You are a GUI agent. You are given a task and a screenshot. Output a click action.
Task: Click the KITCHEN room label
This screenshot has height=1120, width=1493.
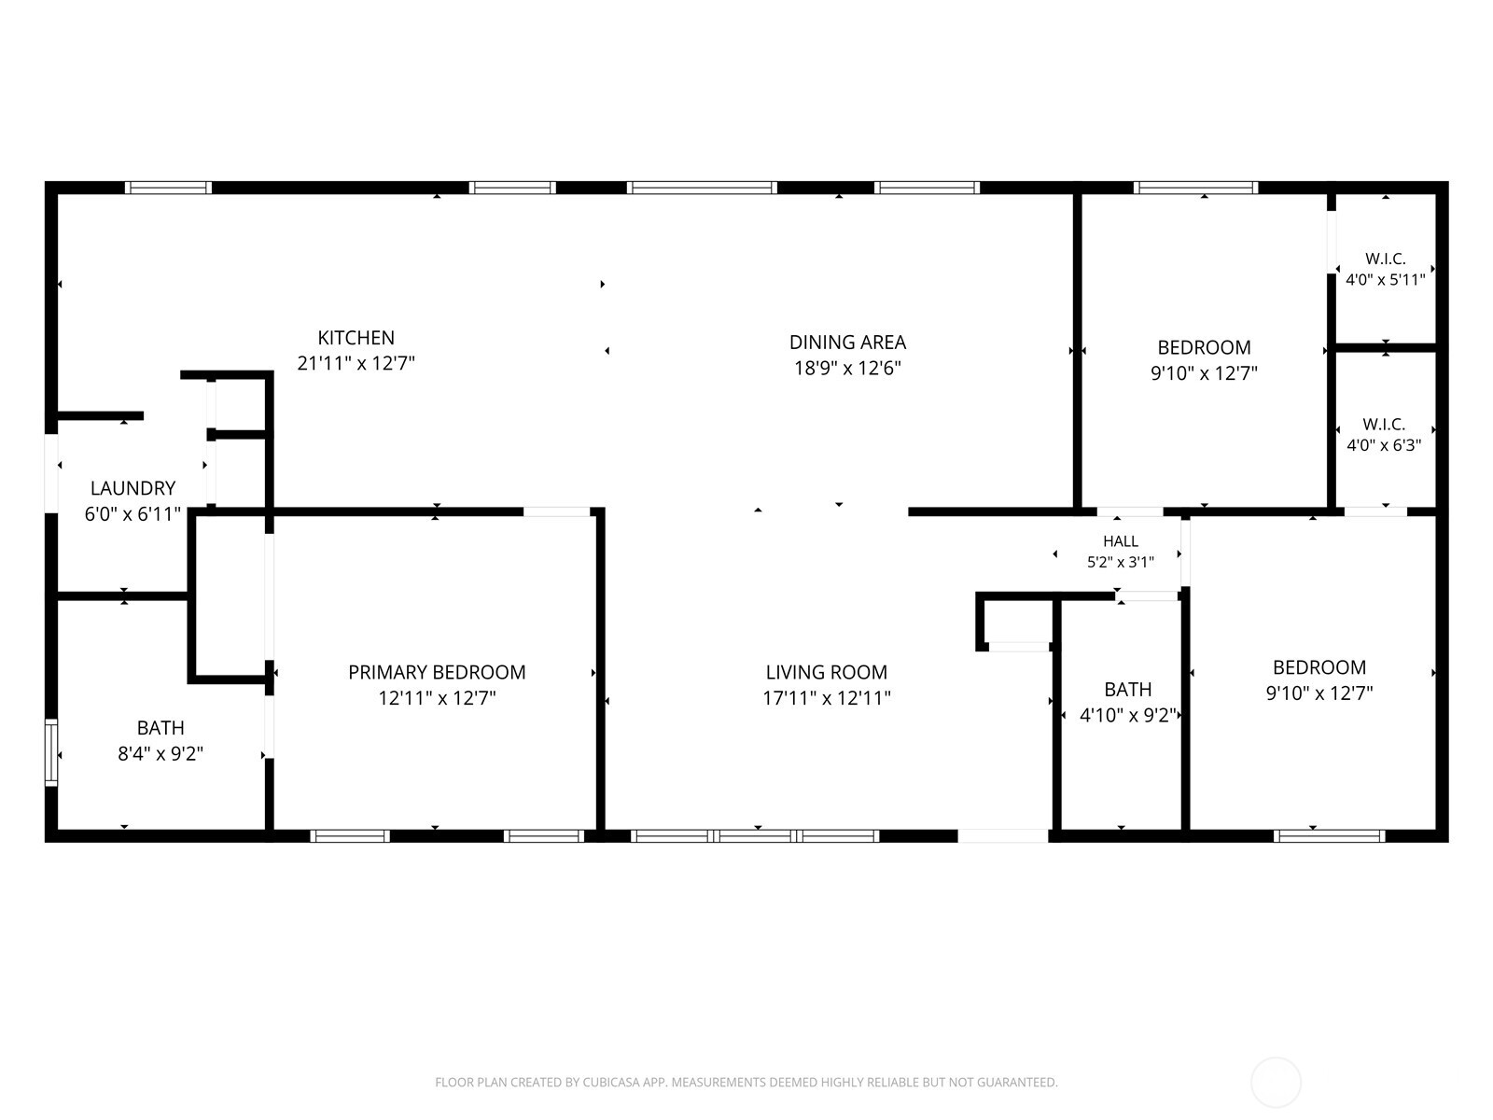356,338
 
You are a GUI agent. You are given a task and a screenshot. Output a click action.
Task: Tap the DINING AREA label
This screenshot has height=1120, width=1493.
847,342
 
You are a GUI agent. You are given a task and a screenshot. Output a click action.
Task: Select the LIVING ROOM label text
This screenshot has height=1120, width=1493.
827,673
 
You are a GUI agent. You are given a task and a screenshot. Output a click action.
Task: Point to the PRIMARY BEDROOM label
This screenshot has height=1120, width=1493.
437,673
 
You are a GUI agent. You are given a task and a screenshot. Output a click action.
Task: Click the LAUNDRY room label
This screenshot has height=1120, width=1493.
133,488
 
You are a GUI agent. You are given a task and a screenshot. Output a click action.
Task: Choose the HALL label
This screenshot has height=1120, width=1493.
1121,541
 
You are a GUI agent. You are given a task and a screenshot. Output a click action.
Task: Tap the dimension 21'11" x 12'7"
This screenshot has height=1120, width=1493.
356,363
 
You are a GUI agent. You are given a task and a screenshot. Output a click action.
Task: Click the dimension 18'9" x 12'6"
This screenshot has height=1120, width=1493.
847,368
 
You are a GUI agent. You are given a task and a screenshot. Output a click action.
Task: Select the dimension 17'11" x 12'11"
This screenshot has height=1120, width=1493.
827,698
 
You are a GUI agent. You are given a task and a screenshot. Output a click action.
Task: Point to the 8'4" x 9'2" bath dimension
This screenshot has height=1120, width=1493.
160,753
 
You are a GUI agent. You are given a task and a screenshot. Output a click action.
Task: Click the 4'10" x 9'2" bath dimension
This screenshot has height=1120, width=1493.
1128,715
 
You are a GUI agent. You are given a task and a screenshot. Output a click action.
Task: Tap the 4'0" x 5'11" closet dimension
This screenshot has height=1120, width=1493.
1385,279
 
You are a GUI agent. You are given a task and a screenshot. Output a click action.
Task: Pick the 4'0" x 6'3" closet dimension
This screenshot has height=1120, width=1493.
1384,445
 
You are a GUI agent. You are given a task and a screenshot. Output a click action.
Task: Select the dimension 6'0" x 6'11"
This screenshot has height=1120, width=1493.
133,513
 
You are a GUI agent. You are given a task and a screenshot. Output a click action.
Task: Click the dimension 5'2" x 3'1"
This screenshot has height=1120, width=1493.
1121,562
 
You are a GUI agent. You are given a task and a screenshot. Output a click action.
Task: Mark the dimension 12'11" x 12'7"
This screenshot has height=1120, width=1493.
437,698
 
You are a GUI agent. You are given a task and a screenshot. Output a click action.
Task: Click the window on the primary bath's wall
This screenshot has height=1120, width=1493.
51,753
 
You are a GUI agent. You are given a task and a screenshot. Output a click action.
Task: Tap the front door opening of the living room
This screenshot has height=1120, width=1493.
1003,835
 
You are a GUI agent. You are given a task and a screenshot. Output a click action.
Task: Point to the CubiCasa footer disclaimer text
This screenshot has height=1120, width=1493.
746,1082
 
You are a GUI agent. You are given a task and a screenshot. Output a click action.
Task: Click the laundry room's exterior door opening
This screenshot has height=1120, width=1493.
51,473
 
